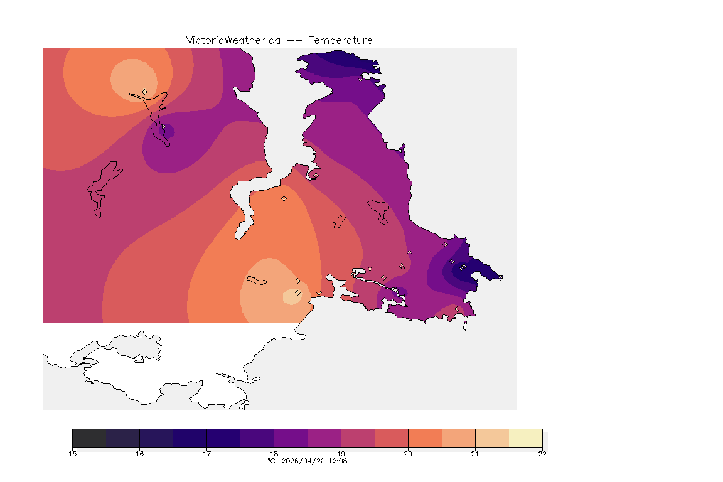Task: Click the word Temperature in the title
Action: [340, 40]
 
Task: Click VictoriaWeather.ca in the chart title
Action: [233, 40]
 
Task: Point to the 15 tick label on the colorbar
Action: [72, 454]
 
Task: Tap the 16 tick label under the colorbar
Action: [139, 454]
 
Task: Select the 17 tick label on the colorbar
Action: [206, 454]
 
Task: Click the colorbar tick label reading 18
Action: [274, 454]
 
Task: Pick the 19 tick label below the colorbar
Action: [341, 454]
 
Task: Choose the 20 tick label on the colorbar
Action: [408, 454]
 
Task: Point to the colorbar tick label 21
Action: [475, 454]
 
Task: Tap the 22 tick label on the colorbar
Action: [542, 454]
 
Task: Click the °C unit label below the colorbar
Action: [271, 461]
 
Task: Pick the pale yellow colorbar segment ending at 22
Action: [525, 438]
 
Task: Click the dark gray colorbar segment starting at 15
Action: [89, 438]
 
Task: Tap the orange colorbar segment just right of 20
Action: [425, 438]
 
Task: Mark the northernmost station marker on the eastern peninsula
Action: [360, 79]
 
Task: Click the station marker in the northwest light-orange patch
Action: [144, 92]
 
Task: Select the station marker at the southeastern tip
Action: [457, 309]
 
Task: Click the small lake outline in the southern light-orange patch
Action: [257, 280]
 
